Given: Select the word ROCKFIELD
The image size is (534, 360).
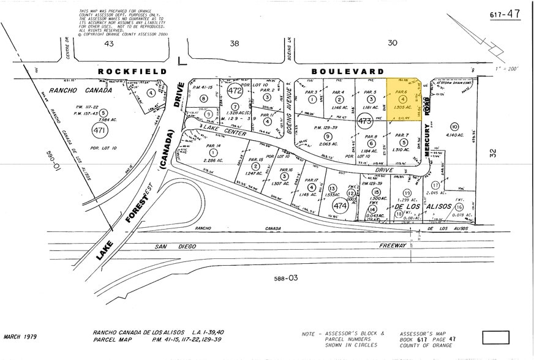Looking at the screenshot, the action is pyautogui.click(x=132, y=72).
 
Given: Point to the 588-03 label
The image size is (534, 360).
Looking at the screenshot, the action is pyautogui.click(x=285, y=278).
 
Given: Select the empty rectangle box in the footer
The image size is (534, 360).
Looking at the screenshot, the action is pyautogui.click(x=495, y=337).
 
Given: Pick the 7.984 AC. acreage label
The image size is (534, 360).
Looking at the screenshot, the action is pyautogui.click(x=88, y=120).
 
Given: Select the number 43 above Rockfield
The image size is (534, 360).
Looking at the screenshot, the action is pyautogui.click(x=110, y=43).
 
